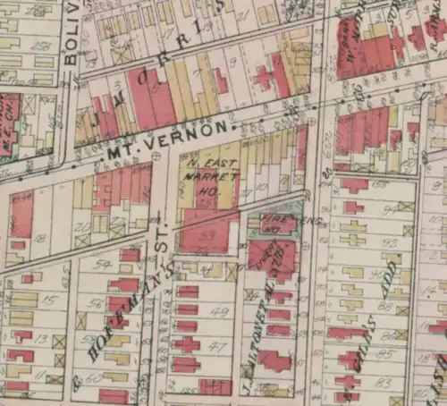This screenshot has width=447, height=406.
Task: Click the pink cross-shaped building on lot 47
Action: tap(187, 344)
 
